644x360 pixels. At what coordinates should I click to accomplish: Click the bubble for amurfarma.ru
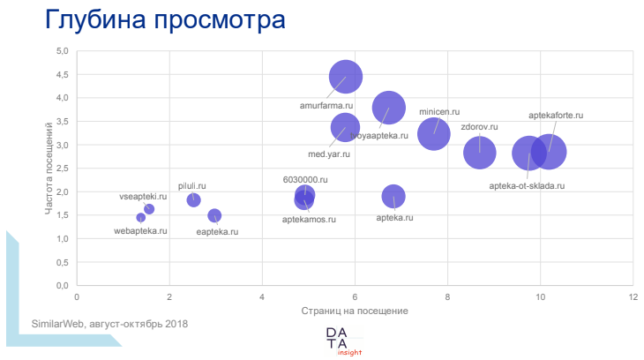pyautogui.click(x=346, y=76)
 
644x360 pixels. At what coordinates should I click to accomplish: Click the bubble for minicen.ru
pyautogui.click(x=433, y=134)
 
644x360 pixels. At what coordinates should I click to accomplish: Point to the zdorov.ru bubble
pyautogui.click(x=480, y=153)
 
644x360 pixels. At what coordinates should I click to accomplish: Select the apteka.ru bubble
pyautogui.click(x=393, y=196)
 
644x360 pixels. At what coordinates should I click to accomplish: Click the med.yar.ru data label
pyautogui.click(x=329, y=154)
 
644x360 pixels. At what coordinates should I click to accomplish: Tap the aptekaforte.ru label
pyautogui.click(x=556, y=116)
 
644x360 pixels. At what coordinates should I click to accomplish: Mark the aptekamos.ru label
pyautogui.click(x=309, y=218)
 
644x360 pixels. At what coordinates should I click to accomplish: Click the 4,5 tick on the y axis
pyautogui.click(x=63, y=74)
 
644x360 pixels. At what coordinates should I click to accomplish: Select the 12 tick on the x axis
pyautogui.click(x=633, y=297)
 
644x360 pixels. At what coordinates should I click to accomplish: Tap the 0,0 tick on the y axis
pyautogui.click(x=63, y=286)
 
